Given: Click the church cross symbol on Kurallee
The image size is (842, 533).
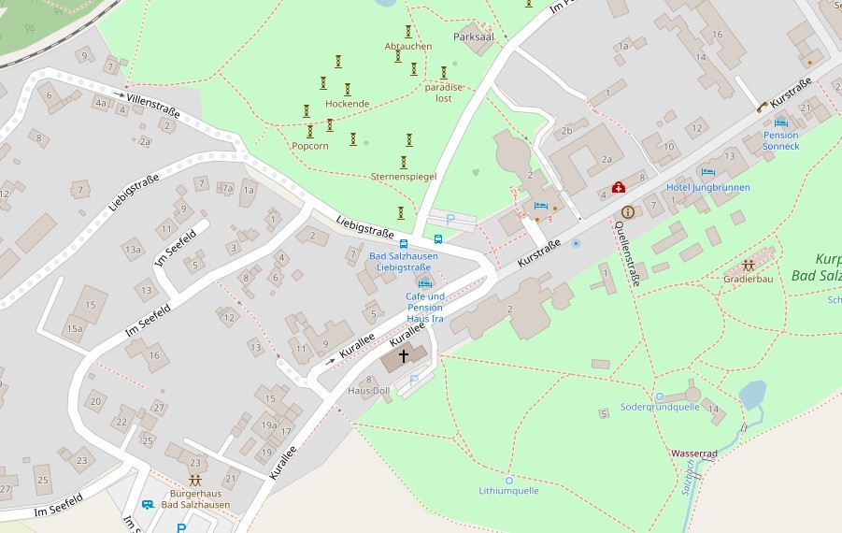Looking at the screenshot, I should [x=404, y=356].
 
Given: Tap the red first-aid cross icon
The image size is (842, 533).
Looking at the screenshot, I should [x=618, y=187].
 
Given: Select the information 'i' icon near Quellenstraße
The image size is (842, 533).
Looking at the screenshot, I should [x=628, y=211].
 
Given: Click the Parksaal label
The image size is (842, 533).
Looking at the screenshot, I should [x=472, y=37].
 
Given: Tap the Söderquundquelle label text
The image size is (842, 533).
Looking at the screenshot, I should [x=660, y=407].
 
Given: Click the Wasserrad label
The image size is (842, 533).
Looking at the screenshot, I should [x=693, y=454].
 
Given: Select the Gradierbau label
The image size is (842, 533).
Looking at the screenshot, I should [x=748, y=279].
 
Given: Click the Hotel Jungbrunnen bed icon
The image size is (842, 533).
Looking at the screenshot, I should [x=707, y=173].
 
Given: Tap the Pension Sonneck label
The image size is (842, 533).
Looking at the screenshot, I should [x=780, y=140].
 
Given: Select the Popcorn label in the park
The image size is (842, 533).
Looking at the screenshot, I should [x=310, y=146].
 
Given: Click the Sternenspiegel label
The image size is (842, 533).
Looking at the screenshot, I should [x=404, y=176].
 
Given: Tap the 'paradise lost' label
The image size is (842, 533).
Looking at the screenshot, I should [x=444, y=93].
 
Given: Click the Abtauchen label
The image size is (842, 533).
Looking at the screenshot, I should [x=408, y=46].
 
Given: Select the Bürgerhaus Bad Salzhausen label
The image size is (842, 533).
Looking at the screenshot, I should [x=195, y=498].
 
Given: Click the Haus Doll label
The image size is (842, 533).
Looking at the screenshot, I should [x=368, y=390].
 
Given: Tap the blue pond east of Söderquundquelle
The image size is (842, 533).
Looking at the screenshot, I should [x=752, y=394].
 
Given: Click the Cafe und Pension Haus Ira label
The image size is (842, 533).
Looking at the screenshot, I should [x=424, y=307].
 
